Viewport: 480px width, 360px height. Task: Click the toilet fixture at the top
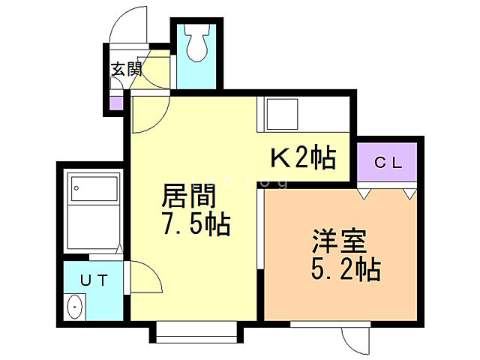click(x=197, y=43)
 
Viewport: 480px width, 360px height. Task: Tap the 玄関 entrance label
click(x=127, y=70)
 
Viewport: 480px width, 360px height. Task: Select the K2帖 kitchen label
click(x=302, y=158)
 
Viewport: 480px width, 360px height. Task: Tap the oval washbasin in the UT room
click(x=74, y=308)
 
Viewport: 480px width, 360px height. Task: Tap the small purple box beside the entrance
click(x=116, y=103)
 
